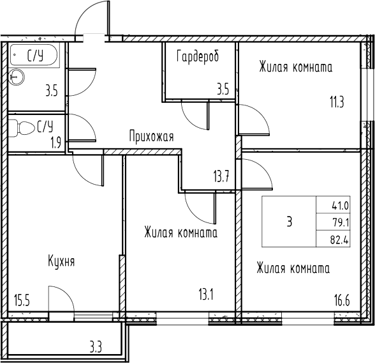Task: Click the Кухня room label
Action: coord(61,261)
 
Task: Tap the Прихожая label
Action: coord(151,136)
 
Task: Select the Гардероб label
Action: coord(198,56)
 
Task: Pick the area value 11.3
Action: coord(337,102)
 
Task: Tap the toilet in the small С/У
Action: coord(23,128)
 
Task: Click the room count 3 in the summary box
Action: coord(290,222)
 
